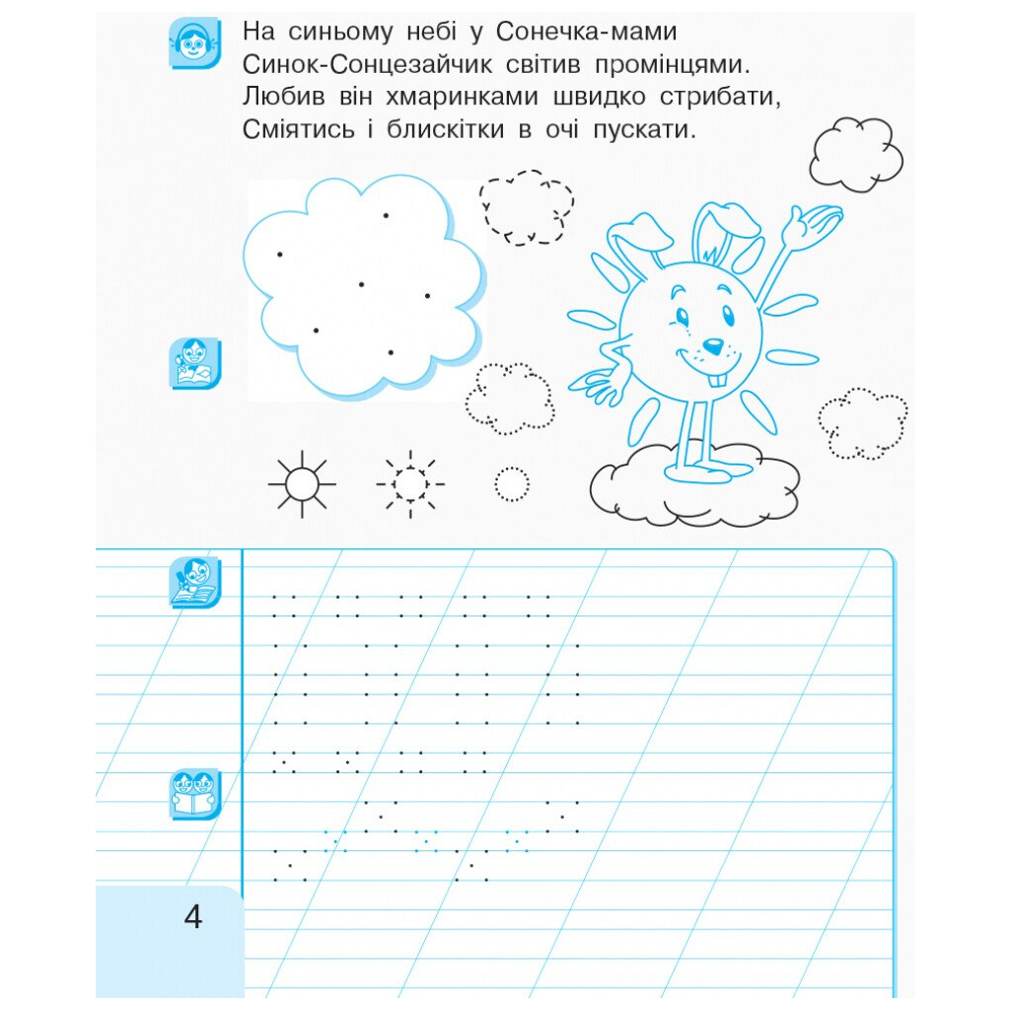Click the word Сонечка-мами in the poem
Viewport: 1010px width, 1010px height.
pyautogui.click(x=586, y=32)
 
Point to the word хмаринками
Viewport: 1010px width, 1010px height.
pyautogui.click(x=462, y=97)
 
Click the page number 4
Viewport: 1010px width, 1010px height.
pyautogui.click(x=192, y=916)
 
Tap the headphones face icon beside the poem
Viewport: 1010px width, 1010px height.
pyautogui.click(x=194, y=42)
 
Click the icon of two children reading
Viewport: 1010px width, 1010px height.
pyautogui.click(x=194, y=794)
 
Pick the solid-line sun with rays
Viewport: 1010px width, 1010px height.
pyautogui.click(x=302, y=483)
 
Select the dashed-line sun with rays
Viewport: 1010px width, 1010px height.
pyautogui.click(x=410, y=483)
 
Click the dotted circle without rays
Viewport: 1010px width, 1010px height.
pyautogui.click(x=512, y=483)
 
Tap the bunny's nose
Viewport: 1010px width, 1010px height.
pyautogui.click(x=712, y=347)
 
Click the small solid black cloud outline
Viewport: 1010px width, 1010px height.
pyautogui.click(x=856, y=155)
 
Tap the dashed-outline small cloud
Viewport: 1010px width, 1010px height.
pyautogui.click(x=527, y=207)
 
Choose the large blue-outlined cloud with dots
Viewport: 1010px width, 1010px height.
pyautogui.click(x=363, y=287)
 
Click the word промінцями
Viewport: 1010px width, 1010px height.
pyautogui.click(x=673, y=64)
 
